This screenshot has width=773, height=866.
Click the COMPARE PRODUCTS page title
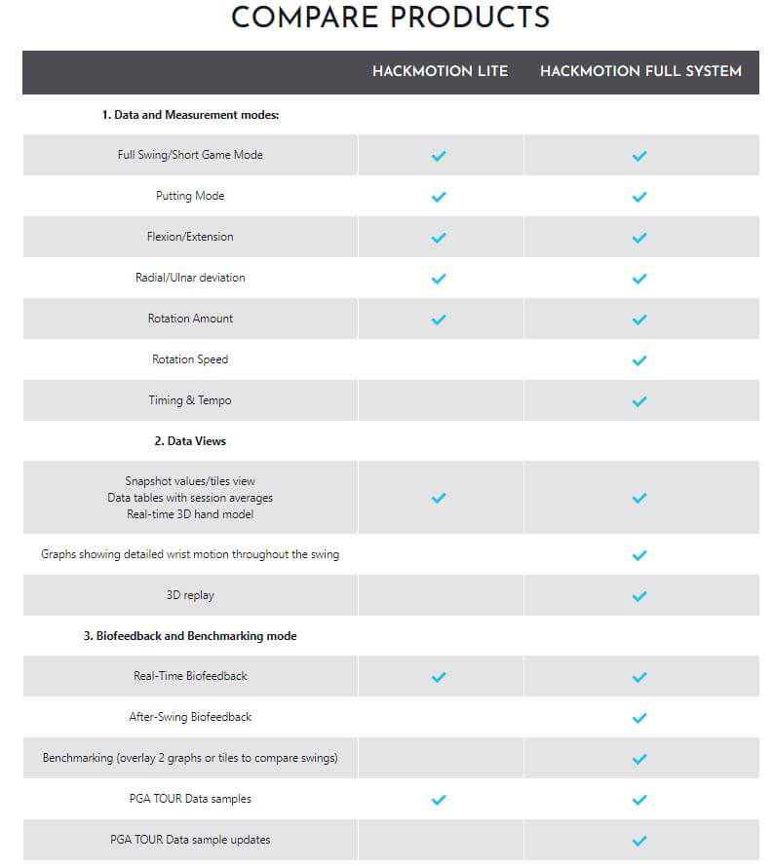(390, 18)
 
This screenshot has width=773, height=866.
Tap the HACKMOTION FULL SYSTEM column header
(640, 71)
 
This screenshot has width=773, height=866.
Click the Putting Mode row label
(190, 196)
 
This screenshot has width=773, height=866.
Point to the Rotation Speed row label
(190, 359)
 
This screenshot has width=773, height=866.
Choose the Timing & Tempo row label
(190, 400)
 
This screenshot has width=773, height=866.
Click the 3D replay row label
(190, 594)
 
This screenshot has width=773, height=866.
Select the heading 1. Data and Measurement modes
(190, 115)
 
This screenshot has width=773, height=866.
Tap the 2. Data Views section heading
(190, 441)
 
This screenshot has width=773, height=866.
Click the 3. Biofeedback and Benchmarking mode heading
(190, 636)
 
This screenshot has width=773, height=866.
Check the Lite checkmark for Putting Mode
(439, 197)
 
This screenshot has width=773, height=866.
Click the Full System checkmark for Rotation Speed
(639, 360)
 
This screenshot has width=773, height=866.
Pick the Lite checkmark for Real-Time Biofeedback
(439, 677)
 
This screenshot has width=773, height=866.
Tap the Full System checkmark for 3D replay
(639, 596)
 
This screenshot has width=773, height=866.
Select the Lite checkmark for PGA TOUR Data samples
(439, 800)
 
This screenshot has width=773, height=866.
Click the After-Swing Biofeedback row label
(190, 717)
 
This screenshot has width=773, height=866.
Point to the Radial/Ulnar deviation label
(190, 278)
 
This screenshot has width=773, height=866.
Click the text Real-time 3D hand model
(190, 514)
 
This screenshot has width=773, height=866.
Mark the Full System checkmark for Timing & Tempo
(639, 401)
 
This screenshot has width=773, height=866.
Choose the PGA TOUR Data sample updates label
(190, 840)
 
